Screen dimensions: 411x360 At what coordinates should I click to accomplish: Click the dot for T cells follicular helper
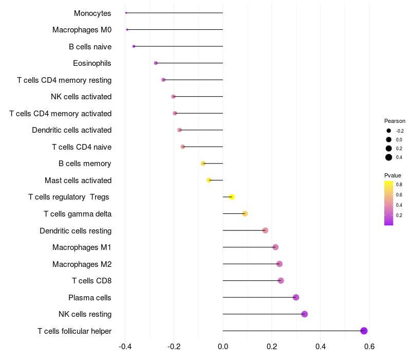pyautogui.click(x=364, y=331)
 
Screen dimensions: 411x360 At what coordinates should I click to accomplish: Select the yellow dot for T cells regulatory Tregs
pyautogui.click(x=232, y=197)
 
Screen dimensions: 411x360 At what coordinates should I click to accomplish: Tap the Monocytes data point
pyautogui.click(x=126, y=13)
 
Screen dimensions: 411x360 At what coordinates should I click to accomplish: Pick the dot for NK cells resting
pyautogui.click(x=304, y=314)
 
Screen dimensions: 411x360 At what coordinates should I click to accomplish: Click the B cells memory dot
pyautogui.click(x=203, y=164)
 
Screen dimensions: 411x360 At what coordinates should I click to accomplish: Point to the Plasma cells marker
pyautogui.click(x=296, y=297)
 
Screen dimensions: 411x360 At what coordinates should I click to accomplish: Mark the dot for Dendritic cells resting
pyautogui.click(x=265, y=230)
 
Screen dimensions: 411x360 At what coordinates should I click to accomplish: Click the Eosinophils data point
pyautogui.click(x=156, y=63)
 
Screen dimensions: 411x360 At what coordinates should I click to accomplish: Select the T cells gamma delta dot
pyautogui.click(x=245, y=213)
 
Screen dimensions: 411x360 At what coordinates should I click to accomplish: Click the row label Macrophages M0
pyautogui.click(x=82, y=30)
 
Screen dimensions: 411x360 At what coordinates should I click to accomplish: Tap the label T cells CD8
pyautogui.click(x=92, y=281)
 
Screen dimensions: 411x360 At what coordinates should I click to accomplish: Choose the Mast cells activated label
pyautogui.click(x=78, y=181)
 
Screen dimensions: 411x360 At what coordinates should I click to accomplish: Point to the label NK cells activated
pyautogui.click(x=81, y=97)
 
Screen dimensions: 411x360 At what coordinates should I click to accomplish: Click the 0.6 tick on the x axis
pyautogui.click(x=369, y=347)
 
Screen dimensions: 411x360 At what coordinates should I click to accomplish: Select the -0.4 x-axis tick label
pyautogui.click(x=125, y=347)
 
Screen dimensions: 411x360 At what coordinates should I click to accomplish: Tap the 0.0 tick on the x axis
pyautogui.click(x=223, y=347)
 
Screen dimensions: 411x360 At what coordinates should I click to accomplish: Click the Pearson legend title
pyautogui.click(x=395, y=121)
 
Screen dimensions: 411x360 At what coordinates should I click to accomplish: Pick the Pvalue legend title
pyautogui.click(x=393, y=175)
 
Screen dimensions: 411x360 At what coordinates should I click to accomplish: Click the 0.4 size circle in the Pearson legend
pyautogui.click(x=389, y=157)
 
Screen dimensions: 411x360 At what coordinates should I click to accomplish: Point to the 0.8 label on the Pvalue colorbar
pyautogui.click(x=399, y=185)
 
